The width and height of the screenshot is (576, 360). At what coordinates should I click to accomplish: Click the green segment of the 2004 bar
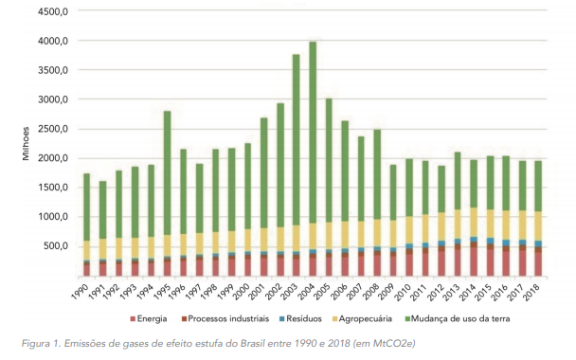tap(313, 133)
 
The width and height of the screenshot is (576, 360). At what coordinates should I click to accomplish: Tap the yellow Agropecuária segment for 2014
tap(474, 223)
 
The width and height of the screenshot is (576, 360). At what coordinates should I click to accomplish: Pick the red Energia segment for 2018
tap(538, 263)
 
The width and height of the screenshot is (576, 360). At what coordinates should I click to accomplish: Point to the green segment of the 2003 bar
tap(297, 140)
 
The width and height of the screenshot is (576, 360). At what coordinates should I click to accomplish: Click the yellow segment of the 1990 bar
tap(87, 250)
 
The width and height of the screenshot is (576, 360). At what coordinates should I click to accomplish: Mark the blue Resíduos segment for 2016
tap(506, 243)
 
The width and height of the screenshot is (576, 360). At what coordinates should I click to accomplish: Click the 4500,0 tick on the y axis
tap(53, 11)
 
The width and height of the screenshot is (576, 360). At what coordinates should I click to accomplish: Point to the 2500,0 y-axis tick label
tap(53, 129)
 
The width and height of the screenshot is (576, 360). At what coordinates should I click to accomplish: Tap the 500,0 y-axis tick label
tap(56, 246)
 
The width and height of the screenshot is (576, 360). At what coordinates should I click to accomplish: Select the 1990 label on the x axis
tap(81, 291)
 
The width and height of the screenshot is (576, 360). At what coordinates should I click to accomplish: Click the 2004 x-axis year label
tap(306, 291)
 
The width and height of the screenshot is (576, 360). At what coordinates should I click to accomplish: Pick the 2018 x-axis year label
tap(531, 291)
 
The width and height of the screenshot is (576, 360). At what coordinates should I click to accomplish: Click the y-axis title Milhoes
tap(26, 144)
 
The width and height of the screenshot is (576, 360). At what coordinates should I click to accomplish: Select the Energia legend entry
tap(149, 319)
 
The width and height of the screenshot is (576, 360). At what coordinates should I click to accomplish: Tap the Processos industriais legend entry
tap(225, 319)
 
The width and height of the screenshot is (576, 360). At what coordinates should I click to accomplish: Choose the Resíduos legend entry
tap(300, 319)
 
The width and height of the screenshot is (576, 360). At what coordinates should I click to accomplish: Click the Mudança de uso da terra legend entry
tap(457, 319)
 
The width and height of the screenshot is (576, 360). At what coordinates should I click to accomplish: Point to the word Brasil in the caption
tap(253, 344)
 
